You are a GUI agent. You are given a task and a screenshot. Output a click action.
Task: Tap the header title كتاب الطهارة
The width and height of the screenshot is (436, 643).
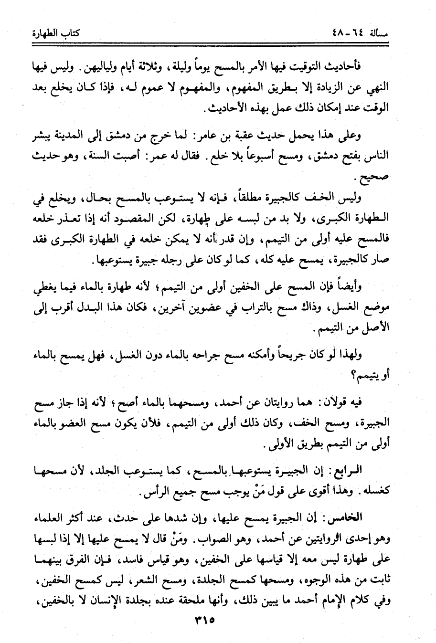pyautogui.click(x=54, y=34)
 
